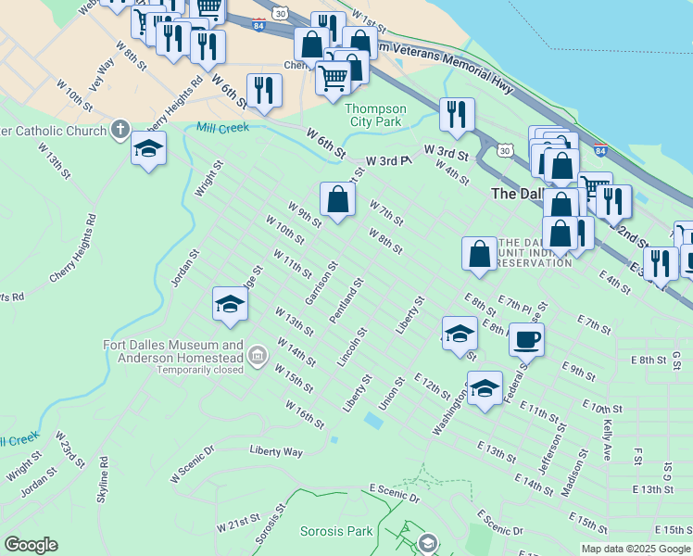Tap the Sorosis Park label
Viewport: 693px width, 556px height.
(336, 531)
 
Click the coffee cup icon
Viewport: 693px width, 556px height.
(526, 338)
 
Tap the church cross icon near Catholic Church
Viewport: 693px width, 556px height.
(120, 130)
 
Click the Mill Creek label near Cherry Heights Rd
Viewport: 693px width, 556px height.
(222, 127)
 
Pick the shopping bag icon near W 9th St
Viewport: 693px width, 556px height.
(338, 198)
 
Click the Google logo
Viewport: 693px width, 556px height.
(31, 545)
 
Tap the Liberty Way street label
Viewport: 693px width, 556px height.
(276, 451)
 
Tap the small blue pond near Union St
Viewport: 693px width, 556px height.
(373, 421)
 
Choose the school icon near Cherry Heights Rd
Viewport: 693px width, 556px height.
(148, 148)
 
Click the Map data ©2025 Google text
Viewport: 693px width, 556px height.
(636, 549)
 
